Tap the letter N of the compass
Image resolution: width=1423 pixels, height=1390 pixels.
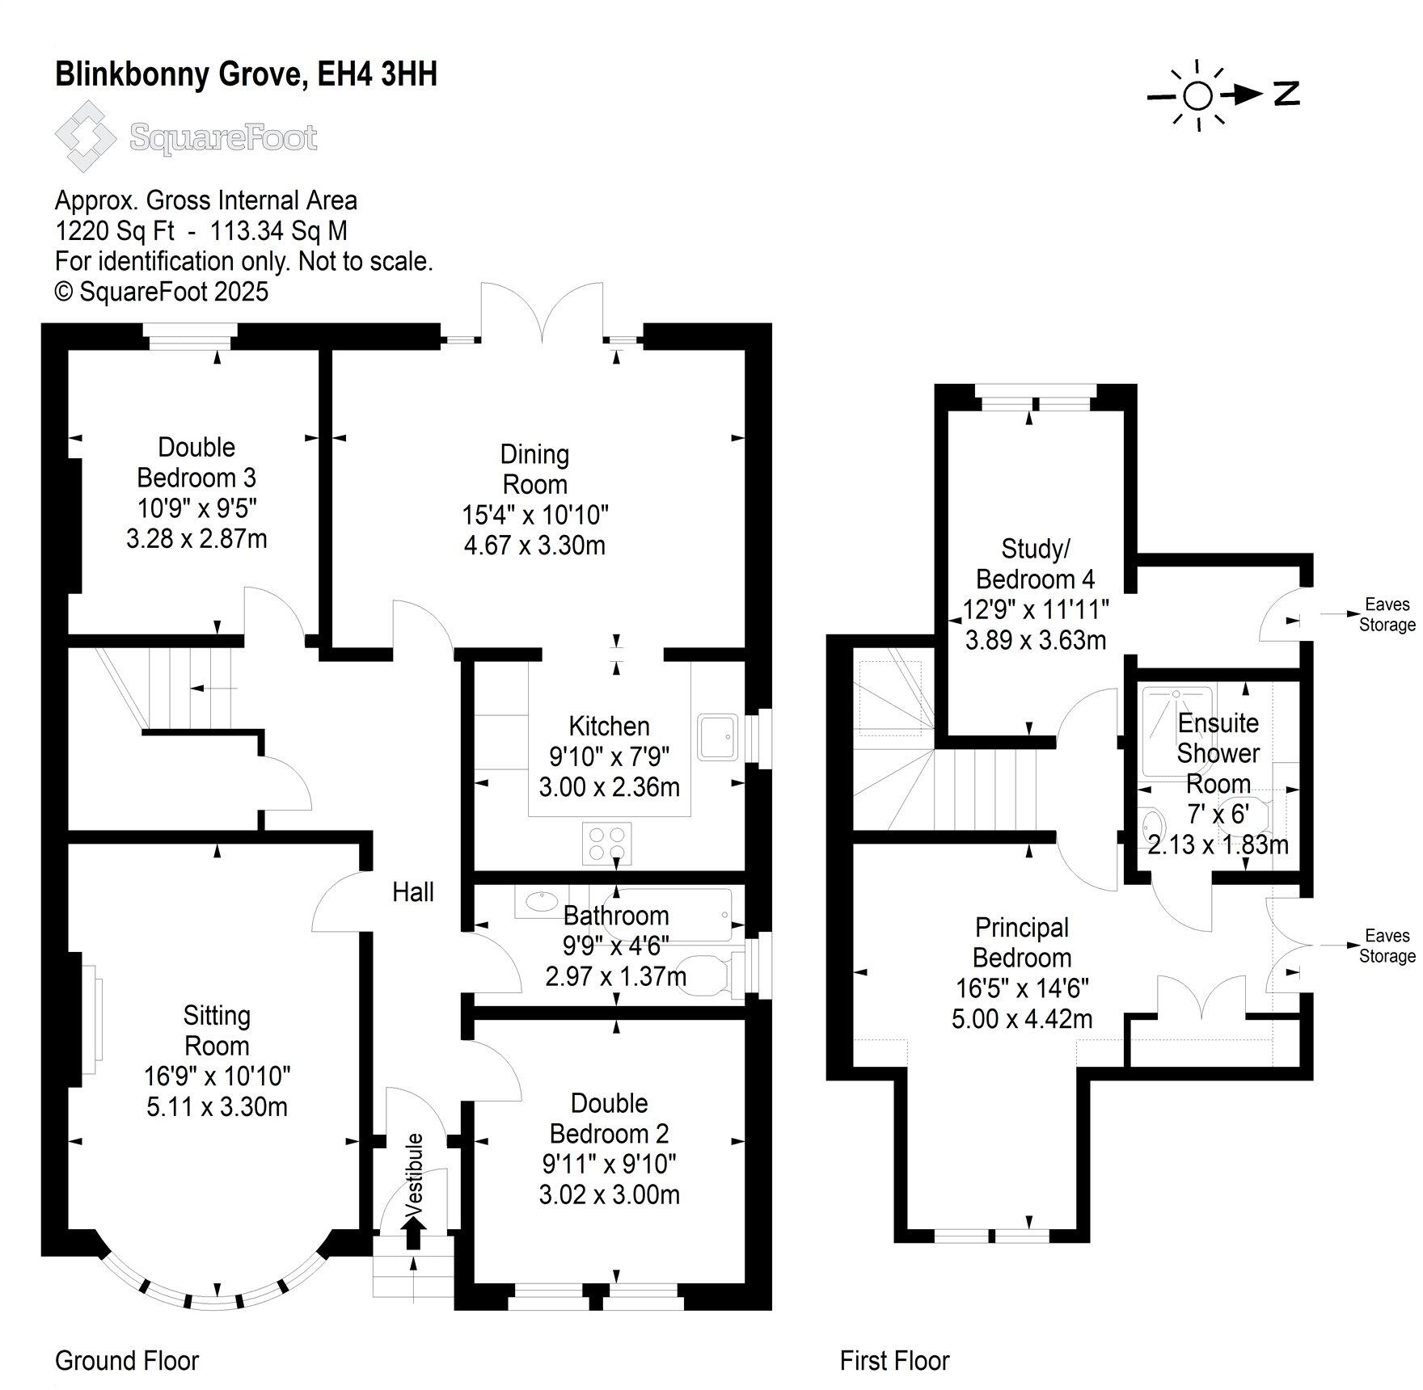coord(1286,95)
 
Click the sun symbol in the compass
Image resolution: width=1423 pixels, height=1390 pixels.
coord(1197,95)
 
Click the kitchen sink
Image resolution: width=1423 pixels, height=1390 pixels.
coord(718,736)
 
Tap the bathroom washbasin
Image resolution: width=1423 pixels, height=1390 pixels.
coord(537,900)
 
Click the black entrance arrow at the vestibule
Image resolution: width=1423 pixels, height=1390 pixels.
coord(413,1232)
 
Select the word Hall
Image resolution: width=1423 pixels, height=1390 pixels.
coord(413,892)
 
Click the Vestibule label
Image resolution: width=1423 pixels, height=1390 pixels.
coord(414,1175)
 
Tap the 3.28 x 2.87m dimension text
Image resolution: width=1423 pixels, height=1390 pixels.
coord(196,538)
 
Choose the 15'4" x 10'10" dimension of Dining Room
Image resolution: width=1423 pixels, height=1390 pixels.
coord(534,515)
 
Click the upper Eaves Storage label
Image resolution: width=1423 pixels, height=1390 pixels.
coord(1387,614)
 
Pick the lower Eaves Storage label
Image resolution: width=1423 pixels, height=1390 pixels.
coord(1387,946)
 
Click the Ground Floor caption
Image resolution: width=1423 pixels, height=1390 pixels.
coord(127,1361)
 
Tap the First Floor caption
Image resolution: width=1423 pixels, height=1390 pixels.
coord(894,1361)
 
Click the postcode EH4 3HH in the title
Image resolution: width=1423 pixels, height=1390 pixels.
coord(377,74)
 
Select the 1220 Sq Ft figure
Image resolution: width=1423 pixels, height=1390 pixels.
coord(114,231)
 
